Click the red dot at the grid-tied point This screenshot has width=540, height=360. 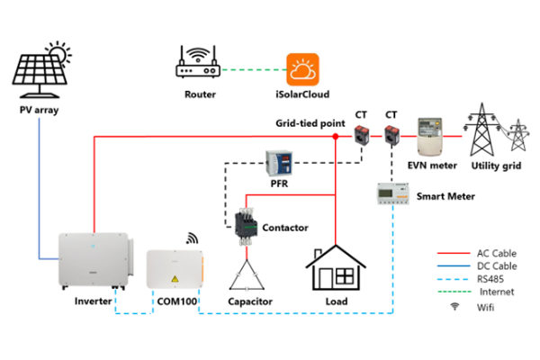tap(335, 137)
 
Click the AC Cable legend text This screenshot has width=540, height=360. tap(496, 253)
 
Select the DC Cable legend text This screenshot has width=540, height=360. tap(496, 266)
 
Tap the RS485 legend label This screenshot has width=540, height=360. tap(491, 280)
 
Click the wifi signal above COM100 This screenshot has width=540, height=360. tap(192, 238)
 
